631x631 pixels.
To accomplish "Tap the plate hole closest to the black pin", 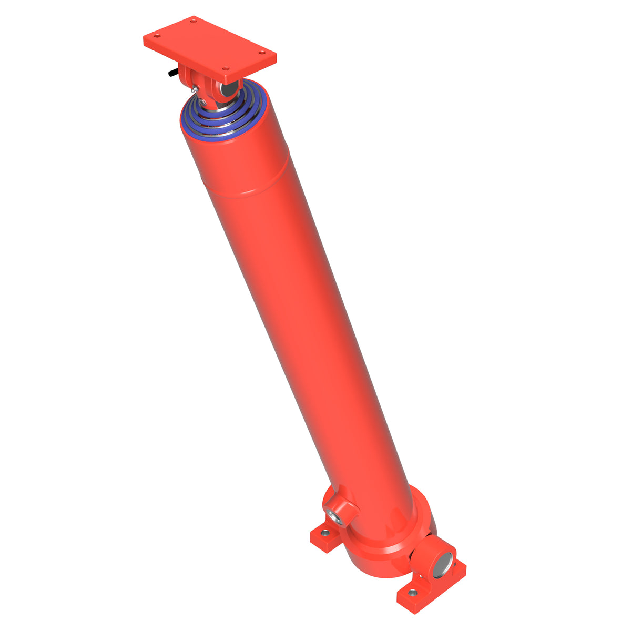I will pos(157,36).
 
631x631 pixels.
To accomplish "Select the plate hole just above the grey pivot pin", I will pos(226,68).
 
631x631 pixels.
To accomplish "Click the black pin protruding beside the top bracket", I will pos(173,73).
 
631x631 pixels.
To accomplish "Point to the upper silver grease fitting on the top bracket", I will pos(195,89).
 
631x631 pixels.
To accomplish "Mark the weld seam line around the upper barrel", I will pos(247,192).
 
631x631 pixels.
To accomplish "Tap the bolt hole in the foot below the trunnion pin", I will pos(413,593).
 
